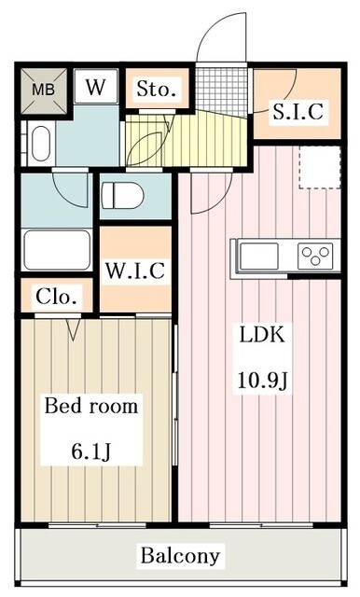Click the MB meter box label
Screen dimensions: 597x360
43,90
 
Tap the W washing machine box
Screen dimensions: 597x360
96,88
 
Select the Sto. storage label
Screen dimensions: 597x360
156,90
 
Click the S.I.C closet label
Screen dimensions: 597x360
298,112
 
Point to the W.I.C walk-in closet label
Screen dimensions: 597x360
135,271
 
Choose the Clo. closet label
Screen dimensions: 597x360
57,298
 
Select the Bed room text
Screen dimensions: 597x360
92,407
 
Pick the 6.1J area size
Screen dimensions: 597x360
92,451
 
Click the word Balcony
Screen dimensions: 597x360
181,557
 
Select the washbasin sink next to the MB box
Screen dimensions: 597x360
38,145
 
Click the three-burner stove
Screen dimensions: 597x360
314,254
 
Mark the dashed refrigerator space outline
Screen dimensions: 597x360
315,167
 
